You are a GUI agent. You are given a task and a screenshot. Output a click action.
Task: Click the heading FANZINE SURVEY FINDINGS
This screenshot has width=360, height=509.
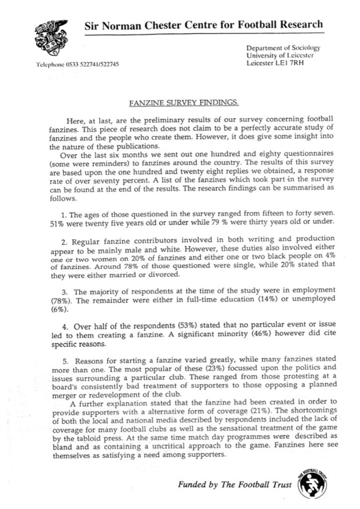183,103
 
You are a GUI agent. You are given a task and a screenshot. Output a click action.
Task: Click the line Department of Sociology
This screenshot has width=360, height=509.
283,48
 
